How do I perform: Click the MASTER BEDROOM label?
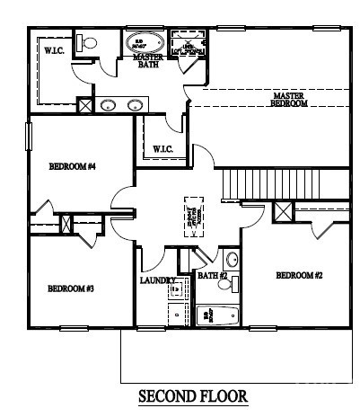(x=289, y=99)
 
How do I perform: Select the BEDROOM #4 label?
(x=72, y=166)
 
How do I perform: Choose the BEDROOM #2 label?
(x=298, y=275)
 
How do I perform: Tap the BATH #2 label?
(x=213, y=275)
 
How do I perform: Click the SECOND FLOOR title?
(x=192, y=395)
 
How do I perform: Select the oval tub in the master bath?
(x=145, y=41)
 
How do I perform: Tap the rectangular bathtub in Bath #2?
(x=216, y=315)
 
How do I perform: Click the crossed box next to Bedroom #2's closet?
(x=283, y=214)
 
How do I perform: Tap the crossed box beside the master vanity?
(x=84, y=105)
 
